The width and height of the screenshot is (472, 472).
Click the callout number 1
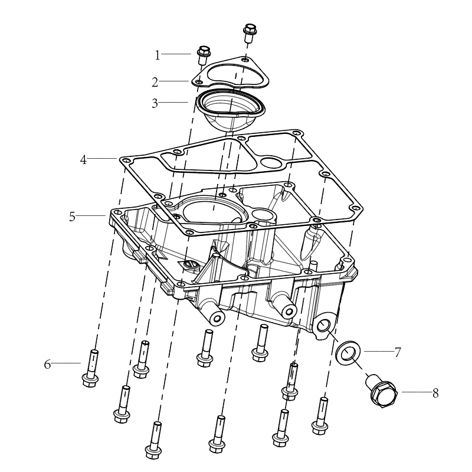[x=158, y=55]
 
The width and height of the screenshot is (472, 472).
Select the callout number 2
[x=155, y=82]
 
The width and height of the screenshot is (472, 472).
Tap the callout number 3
[x=155, y=103]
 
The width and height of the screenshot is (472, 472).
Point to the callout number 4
[x=83, y=159]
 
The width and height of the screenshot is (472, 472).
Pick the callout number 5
[x=72, y=217]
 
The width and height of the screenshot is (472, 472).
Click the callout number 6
[x=47, y=364]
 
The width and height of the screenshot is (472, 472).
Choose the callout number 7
[x=398, y=352]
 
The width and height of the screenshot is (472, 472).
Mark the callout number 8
[x=435, y=393]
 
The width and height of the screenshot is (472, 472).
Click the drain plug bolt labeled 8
[x=382, y=391]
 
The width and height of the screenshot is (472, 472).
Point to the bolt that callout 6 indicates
[x=91, y=368]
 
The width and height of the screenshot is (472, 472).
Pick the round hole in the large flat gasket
[x=270, y=162]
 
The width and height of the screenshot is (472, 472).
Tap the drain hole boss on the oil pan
[x=323, y=326]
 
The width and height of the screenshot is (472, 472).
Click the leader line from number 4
[x=102, y=158]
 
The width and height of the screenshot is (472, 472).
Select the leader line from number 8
[x=416, y=392]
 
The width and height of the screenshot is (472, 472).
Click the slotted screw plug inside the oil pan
[x=190, y=265]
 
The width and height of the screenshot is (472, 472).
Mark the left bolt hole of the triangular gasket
[x=199, y=81]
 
